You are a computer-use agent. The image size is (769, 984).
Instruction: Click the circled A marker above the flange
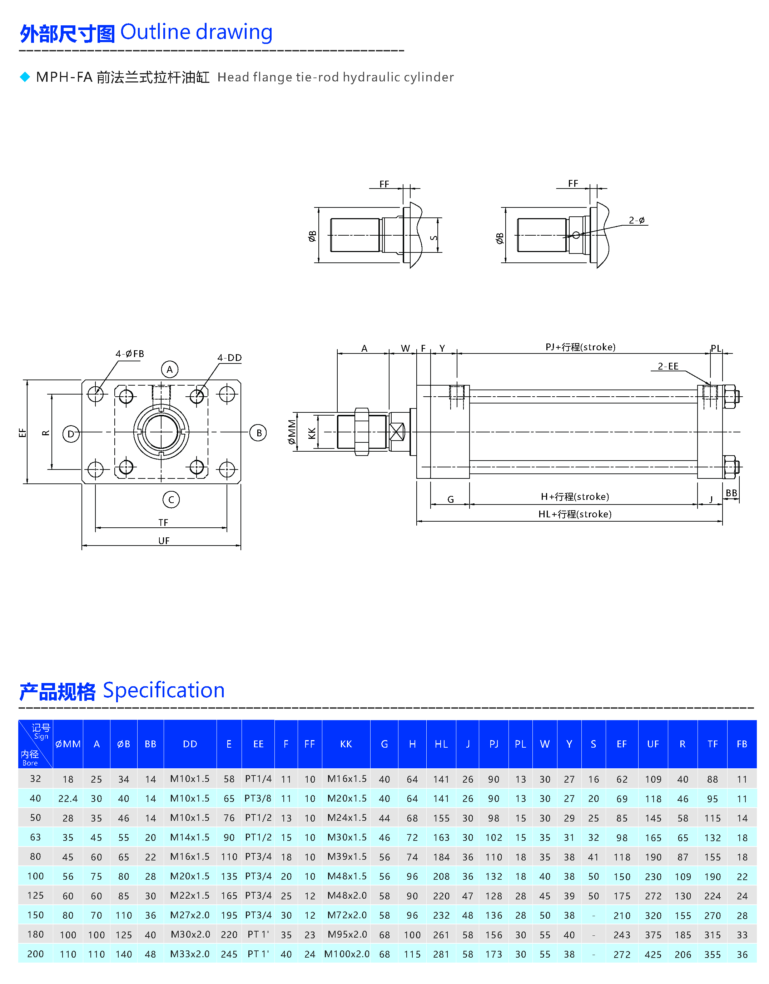170,370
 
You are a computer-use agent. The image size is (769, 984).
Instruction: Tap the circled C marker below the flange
171,499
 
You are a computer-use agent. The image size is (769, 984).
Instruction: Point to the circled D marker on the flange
71,434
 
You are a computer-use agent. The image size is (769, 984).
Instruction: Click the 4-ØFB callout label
130,354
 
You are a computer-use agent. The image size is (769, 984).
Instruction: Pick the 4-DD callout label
229,358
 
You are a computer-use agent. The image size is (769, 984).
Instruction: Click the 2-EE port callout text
668,366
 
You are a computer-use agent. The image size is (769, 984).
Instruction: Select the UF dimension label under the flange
164,541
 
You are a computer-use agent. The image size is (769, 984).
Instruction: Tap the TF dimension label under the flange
163,523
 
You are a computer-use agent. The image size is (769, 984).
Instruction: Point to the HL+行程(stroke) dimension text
575,514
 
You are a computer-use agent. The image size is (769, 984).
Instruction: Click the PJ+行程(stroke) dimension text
580,347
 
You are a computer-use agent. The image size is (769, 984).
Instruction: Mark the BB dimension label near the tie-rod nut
731,493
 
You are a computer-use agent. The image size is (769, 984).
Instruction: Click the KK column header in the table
346,744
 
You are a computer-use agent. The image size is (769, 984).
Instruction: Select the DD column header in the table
190,744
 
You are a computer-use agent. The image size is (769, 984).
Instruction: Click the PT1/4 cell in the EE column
258,779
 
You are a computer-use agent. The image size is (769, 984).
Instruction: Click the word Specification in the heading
164,690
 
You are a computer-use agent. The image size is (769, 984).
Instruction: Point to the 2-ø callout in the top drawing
636,220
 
